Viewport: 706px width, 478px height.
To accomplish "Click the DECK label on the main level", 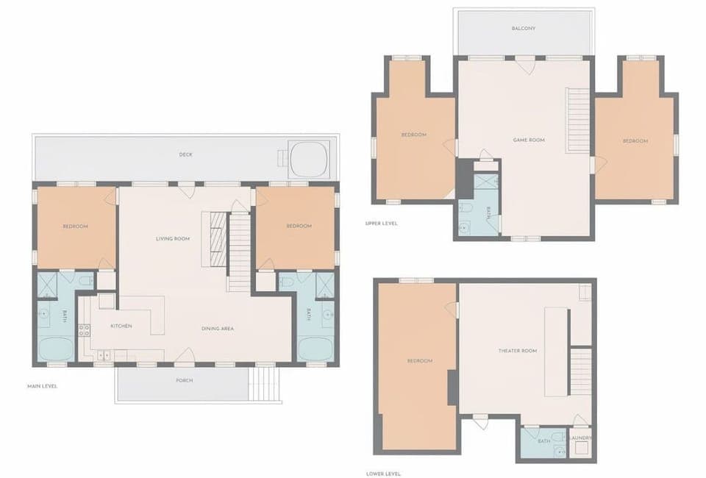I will click(186, 154).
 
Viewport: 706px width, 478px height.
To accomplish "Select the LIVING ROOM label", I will click(173, 238).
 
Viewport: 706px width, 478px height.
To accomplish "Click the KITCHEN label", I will click(121, 326).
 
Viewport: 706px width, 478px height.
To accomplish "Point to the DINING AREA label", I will click(218, 328).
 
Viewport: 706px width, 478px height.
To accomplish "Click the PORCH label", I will click(184, 380).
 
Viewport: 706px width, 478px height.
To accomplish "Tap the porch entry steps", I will click(265, 383).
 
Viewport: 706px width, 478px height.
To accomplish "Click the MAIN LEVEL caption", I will click(42, 386).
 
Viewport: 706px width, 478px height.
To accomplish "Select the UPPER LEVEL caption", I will click(381, 223).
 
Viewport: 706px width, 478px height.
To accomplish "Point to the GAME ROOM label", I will click(528, 140).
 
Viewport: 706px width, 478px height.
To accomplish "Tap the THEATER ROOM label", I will click(518, 351).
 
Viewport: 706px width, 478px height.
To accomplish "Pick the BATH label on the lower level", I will click(544, 440).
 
